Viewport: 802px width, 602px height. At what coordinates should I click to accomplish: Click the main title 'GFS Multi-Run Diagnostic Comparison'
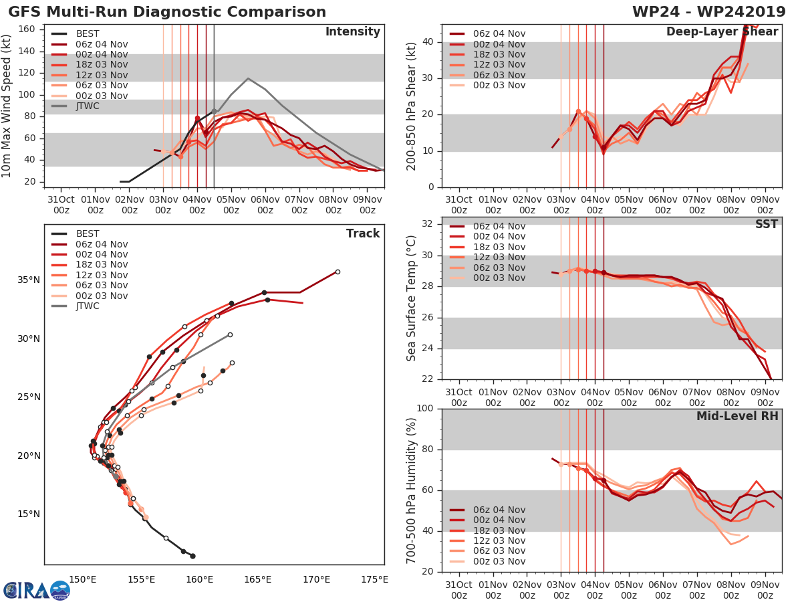coord(167,12)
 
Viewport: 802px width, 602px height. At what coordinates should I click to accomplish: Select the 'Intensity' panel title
coord(352,32)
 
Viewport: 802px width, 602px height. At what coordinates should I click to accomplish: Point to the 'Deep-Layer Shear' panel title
coord(722,32)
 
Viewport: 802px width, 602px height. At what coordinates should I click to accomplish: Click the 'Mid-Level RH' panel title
coord(737,416)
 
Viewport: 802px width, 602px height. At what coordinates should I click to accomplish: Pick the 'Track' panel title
coord(363,233)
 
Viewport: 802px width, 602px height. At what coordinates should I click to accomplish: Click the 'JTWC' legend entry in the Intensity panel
coord(88,106)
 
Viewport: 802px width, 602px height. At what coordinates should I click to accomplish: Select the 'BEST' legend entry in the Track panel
coord(88,233)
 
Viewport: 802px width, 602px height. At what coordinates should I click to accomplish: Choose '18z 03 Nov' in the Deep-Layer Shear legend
coord(499,55)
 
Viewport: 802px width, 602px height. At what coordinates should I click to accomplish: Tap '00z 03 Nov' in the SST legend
coord(499,278)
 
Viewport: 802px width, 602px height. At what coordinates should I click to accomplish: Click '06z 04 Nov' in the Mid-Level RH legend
coord(499,510)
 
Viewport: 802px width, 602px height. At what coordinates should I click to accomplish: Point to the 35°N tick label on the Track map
coord(28,280)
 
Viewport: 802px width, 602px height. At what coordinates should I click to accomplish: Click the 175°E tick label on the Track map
coord(374,579)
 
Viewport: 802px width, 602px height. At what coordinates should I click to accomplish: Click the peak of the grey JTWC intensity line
coord(248,78)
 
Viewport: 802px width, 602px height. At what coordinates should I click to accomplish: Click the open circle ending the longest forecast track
coord(338,272)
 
